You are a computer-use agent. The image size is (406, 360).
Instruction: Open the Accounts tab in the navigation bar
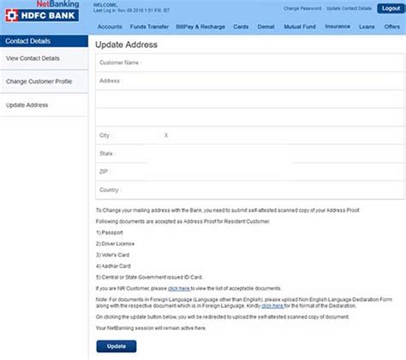109,27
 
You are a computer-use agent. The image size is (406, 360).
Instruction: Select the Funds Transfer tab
149,27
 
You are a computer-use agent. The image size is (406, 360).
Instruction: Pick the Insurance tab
337,27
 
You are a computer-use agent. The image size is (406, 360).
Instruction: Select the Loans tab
367,27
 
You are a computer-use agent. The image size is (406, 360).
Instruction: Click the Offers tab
391,27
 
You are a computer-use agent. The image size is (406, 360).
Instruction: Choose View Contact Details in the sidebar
33,57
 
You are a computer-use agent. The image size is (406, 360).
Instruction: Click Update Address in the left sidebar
27,105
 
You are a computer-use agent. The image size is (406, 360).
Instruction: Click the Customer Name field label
120,63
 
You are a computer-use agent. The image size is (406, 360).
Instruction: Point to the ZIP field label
104,171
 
